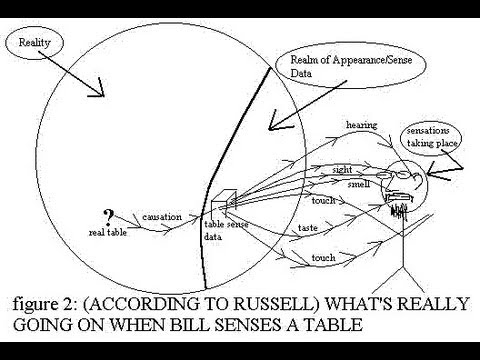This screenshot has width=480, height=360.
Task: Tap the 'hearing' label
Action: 361,124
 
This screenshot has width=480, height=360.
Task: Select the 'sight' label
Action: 342,170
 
